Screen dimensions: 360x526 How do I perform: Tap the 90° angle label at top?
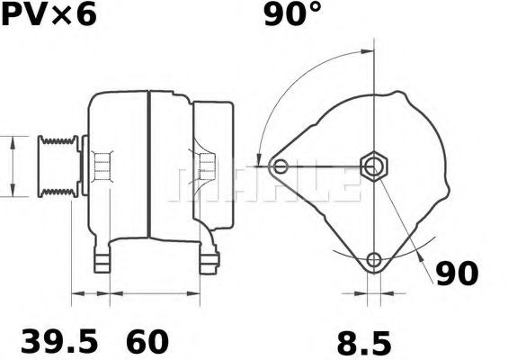click(293, 16)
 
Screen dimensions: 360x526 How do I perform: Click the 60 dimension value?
click(147, 341)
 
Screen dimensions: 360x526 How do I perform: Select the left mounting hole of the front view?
click(281, 166)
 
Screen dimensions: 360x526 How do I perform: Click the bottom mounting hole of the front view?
click(373, 261)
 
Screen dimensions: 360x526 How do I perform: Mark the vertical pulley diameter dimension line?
click(12, 166)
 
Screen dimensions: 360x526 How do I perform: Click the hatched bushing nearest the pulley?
click(103, 166)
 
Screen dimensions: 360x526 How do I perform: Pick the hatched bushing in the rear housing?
click(206, 166)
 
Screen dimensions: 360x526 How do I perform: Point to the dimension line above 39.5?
click(91, 293)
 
